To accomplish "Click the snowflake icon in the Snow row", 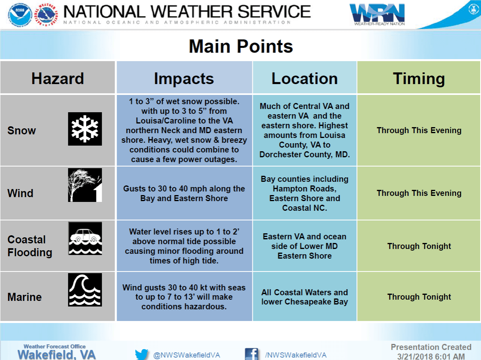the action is point(85,129).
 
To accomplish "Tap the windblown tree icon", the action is point(85,185).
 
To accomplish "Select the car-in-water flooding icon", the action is point(85,239).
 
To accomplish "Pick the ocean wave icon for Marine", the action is point(85,290).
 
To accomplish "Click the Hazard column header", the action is point(58,78).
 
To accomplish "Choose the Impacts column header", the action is point(184,78).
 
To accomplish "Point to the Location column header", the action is point(305,78).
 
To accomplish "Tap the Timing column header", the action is point(419,78).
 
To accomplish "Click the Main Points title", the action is point(241,46).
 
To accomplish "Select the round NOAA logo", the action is point(20,14).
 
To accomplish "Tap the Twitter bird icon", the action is point(142,354).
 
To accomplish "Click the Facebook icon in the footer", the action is point(251,354).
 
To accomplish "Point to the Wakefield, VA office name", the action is point(57,355).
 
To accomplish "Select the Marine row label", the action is point(25,297).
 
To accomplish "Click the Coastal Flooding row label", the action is point(30,246).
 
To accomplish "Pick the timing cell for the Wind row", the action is point(419,193).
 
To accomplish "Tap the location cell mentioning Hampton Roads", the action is point(305,193).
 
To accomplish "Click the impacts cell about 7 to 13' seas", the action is point(184,297).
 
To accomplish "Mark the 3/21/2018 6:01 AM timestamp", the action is point(431,356).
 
